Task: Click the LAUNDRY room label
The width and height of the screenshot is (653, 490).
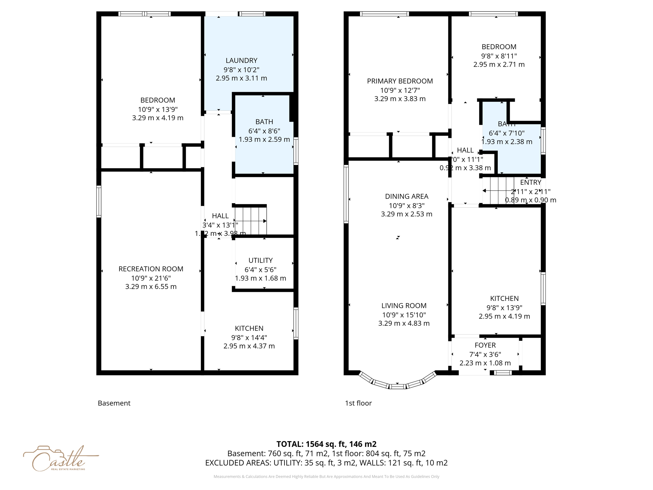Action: (241, 61)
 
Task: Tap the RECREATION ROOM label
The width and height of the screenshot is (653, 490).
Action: (151, 269)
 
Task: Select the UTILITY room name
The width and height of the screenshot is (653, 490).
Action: (260, 260)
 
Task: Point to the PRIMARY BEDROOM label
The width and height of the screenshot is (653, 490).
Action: (400, 81)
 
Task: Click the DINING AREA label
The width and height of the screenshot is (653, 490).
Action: (407, 197)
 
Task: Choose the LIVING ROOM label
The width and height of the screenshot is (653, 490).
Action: (404, 306)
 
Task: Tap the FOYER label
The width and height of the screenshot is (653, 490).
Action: (485, 345)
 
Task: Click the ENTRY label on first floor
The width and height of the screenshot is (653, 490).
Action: (531, 182)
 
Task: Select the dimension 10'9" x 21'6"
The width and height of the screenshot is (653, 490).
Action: (151, 278)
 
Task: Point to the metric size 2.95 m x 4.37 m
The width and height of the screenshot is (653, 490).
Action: (249, 346)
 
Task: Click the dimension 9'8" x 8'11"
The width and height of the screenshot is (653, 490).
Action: (499, 56)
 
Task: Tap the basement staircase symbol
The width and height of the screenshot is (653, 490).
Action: (251, 221)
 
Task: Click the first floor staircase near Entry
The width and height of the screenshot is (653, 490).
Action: (497, 191)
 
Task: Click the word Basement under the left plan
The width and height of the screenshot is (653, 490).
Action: (114, 403)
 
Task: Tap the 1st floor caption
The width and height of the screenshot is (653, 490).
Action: (358, 403)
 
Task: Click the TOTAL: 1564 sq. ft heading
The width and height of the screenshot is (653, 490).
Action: (326, 444)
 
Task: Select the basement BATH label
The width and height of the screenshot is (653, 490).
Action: (264, 122)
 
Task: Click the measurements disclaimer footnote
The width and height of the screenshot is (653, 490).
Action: (326, 477)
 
